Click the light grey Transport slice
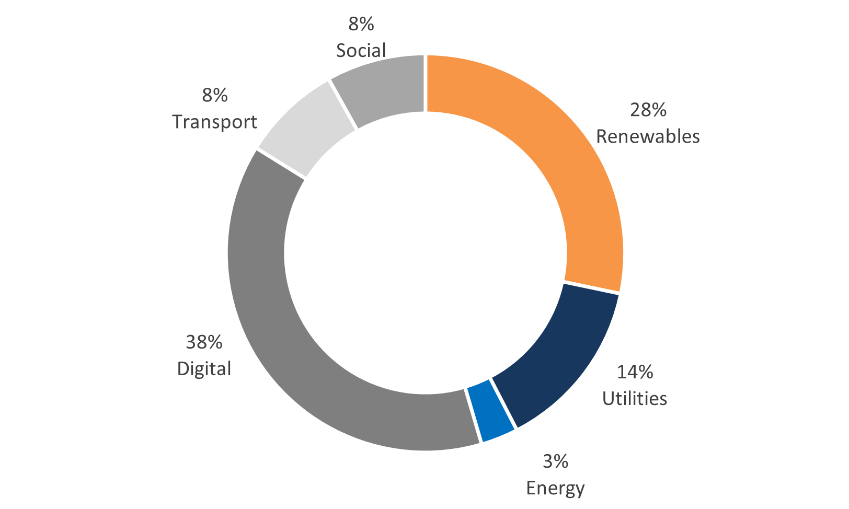[x=308, y=131]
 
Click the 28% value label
[x=648, y=110]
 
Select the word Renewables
[x=648, y=136]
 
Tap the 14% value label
[x=635, y=372]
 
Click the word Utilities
[x=635, y=399]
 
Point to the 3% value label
[x=555, y=461]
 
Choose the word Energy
[x=555, y=488]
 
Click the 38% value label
[x=204, y=342]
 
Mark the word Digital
[x=204, y=369]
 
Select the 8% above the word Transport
[x=215, y=95]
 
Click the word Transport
[x=215, y=122]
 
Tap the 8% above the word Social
[x=361, y=24]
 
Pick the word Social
[x=361, y=51]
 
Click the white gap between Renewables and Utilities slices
[x=592, y=287]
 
